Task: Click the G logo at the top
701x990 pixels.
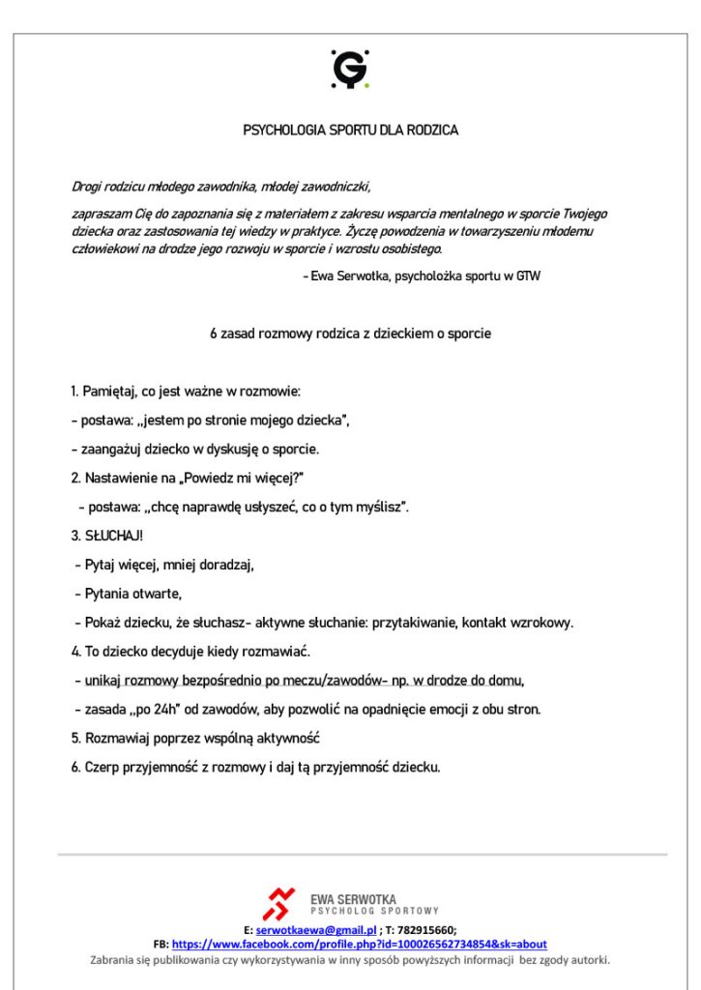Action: click(x=350, y=70)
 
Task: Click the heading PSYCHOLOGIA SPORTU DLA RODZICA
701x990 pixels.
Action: click(x=350, y=130)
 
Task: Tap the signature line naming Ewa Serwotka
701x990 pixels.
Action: click(x=424, y=277)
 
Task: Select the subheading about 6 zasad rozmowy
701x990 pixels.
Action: click(x=350, y=335)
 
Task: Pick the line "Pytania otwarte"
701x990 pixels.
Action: click(x=129, y=594)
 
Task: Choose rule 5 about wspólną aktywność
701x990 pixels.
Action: click(x=195, y=739)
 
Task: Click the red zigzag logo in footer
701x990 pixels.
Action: click(x=278, y=903)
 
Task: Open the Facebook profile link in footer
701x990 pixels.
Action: click(x=360, y=945)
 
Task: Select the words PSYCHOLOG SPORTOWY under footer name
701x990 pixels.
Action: click(x=375, y=911)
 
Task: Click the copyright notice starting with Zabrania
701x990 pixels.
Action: click(x=350, y=960)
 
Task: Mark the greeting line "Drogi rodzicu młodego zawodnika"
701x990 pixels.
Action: click(x=220, y=187)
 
